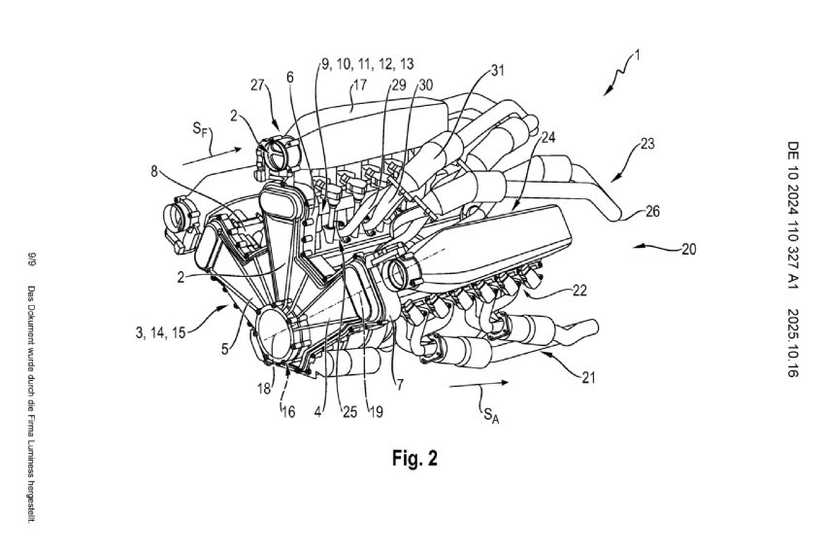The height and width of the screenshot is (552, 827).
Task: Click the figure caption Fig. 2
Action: pyautogui.click(x=414, y=458)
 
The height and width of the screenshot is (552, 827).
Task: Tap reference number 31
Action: pyautogui.click(x=498, y=70)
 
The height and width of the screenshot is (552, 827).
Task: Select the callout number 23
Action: pyautogui.click(x=647, y=143)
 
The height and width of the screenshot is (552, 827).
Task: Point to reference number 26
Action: pyautogui.click(x=652, y=211)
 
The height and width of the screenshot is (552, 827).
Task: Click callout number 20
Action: pyautogui.click(x=689, y=249)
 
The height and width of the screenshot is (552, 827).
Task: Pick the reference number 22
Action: pyautogui.click(x=579, y=291)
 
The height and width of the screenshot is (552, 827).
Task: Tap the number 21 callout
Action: pyautogui.click(x=588, y=377)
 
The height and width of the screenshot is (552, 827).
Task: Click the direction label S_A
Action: pyautogui.click(x=491, y=415)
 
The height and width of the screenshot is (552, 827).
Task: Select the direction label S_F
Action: pyautogui.click(x=200, y=128)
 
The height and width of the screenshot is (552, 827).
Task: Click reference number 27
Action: pyautogui.click(x=257, y=86)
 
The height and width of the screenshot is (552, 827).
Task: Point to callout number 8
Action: pyautogui.click(x=154, y=171)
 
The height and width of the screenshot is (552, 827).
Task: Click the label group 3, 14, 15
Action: pyautogui.click(x=160, y=332)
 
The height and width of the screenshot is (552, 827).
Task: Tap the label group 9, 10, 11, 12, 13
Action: pyautogui.click(x=368, y=64)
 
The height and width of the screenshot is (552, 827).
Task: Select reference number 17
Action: pyautogui.click(x=360, y=86)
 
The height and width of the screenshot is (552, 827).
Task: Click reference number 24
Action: pyautogui.click(x=548, y=137)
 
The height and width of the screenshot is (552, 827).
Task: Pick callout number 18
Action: pyautogui.click(x=264, y=389)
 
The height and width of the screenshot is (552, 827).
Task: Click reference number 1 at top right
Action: pyautogui.click(x=637, y=55)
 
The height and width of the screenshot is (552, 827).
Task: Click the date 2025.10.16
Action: pyautogui.click(x=793, y=343)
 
